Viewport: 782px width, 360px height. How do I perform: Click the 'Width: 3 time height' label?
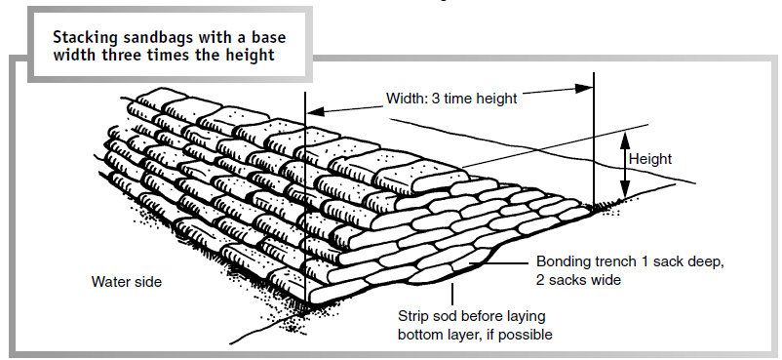click(x=451, y=98)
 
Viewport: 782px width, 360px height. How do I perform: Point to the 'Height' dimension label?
click(x=650, y=158)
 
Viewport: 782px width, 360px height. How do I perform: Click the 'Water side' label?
click(x=127, y=281)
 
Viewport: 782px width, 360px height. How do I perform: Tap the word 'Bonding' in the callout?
click(x=563, y=262)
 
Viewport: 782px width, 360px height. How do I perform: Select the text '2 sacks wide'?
click(x=576, y=279)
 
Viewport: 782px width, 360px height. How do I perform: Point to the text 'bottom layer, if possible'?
click(x=475, y=334)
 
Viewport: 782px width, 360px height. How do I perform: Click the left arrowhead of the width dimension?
click(x=313, y=109)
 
